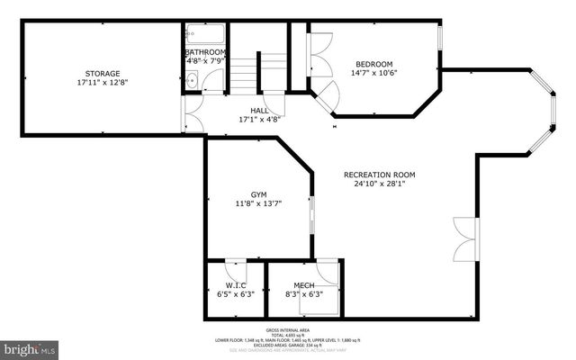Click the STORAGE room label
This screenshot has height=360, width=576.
(102, 73)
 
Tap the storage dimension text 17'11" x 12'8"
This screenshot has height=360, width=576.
(102, 83)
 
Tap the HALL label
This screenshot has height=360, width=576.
(260, 110)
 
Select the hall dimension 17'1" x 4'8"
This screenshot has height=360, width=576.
(260, 119)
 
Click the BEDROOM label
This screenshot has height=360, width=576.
(373, 64)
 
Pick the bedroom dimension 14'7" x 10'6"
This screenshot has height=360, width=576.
(373, 74)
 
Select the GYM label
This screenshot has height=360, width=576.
(259, 194)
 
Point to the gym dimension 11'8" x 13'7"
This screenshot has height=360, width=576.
(259, 204)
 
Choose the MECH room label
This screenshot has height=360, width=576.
(303, 284)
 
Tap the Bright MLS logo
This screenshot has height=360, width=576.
(28, 346)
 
